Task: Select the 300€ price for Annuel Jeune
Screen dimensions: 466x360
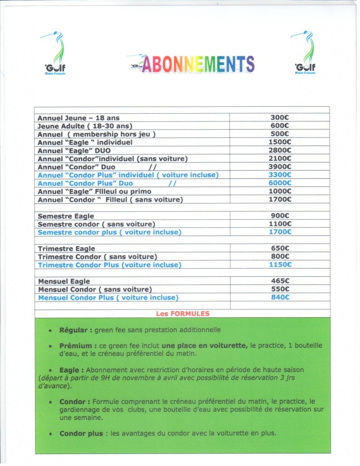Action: (280, 117)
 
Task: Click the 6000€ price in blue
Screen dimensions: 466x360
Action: (280, 183)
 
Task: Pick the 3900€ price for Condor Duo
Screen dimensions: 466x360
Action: (280, 167)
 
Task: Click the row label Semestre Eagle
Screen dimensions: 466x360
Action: (66, 216)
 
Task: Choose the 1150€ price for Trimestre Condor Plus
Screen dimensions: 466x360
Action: (280, 265)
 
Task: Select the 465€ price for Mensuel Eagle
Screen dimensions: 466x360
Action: (280, 281)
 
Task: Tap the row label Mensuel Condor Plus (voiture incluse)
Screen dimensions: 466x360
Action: (108, 298)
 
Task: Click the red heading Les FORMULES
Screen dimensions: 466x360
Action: (183, 314)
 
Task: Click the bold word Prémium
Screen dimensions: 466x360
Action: (75, 346)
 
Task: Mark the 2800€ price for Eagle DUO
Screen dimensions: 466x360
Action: (280, 150)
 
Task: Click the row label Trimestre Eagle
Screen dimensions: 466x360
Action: (66, 248)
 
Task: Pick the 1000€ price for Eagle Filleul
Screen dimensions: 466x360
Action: (280, 191)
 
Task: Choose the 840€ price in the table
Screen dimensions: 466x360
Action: (280, 298)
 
